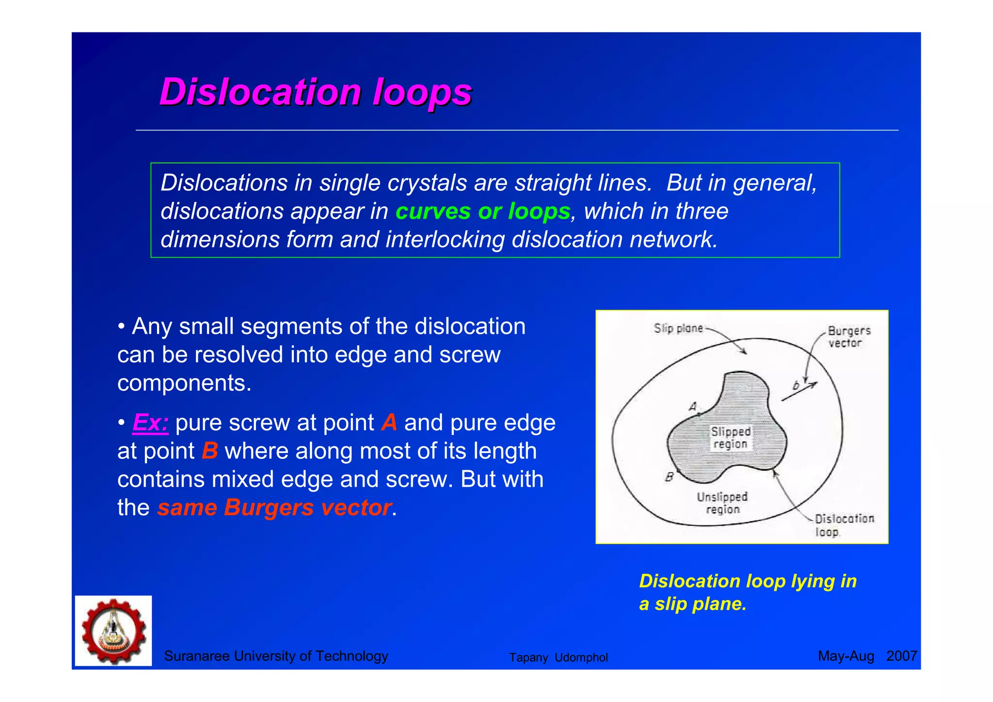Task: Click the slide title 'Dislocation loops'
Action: click(x=316, y=92)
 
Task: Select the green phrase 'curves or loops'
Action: click(x=482, y=212)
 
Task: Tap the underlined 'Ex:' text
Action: click(x=150, y=423)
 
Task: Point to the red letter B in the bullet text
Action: click(x=209, y=451)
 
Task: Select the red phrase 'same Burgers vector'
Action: click(x=274, y=508)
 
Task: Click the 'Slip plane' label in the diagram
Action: click(x=678, y=328)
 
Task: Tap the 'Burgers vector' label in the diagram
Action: click(x=849, y=337)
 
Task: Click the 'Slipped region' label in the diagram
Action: click(x=730, y=438)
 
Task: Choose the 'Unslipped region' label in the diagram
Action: click(x=722, y=503)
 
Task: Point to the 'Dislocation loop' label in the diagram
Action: click(x=844, y=525)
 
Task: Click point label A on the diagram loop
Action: click(x=693, y=407)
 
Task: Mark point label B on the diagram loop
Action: click(x=669, y=477)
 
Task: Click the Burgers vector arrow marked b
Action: click(x=800, y=391)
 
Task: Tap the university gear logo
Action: click(x=113, y=631)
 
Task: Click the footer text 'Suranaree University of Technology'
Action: click(x=276, y=656)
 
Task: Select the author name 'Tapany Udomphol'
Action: click(x=558, y=657)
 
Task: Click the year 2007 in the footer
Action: click(x=901, y=656)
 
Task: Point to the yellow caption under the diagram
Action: click(x=747, y=592)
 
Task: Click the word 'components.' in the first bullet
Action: click(x=185, y=383)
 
